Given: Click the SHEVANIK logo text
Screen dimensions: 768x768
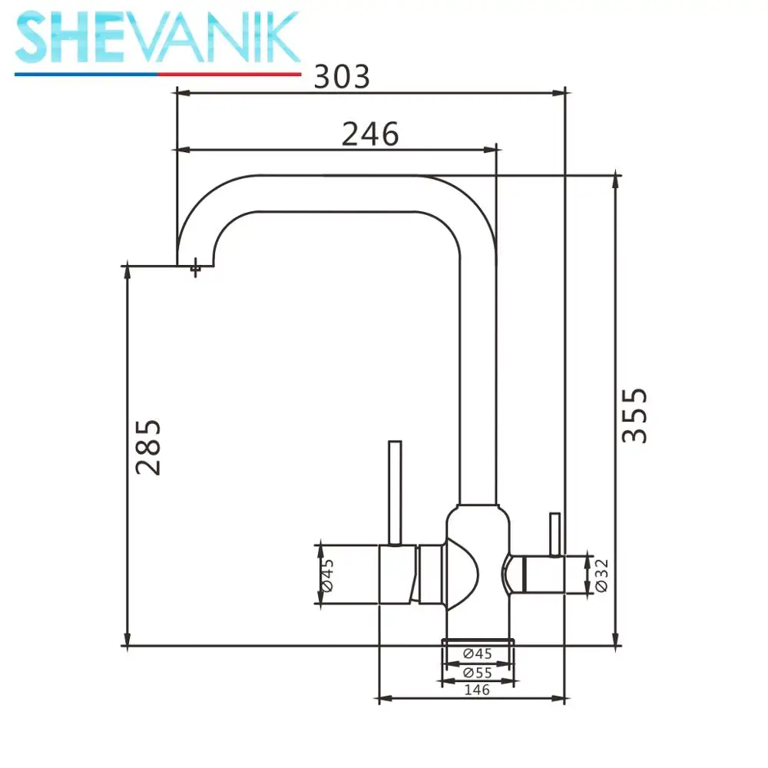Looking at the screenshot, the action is click(x=157, y=38).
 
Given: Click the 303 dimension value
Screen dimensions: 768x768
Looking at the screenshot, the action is click(x=342, y=77).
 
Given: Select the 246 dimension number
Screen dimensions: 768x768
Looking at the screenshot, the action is click(x=370, y=134).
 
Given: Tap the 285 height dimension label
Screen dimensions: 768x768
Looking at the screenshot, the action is click(x=148, y=447).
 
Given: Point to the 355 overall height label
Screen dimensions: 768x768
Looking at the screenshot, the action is click(x=634, y=415).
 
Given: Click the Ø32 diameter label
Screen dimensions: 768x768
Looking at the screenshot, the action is click(x=601, y=575).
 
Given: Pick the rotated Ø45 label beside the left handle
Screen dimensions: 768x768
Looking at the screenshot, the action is click(x=327, y=575).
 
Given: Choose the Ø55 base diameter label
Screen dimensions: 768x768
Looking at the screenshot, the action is click(x=478, y=673).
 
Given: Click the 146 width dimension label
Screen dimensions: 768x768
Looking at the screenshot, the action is click(x=477, y=690).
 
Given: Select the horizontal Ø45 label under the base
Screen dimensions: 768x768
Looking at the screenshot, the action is click(x=478, y=654).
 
